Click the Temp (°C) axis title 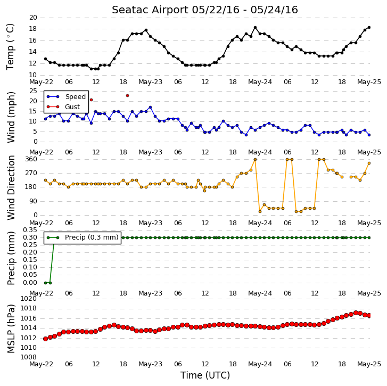click(x=10, y=47)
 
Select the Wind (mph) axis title click(x=11, y=117)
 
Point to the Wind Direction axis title click(x=11, y=187)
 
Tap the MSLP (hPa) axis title click(x=11, y=328)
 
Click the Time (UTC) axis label click(x=205, y=375)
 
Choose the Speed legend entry click(x=66, y=97)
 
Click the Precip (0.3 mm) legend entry click(x=83, y=237)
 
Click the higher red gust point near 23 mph click(x=127, y=95)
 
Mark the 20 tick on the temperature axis click(x=33, y=18)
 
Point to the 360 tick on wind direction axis click(x=31, y=159)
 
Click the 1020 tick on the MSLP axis click(x=28, y=299)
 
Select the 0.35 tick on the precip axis click(x=30, y=230)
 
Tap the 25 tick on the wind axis click(x=33, y=91)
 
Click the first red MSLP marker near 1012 click(x=45, y=339)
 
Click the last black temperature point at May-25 click(x=369, y=27)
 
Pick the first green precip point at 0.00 click(x=45, y=283)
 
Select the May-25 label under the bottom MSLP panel click(x=369, y=364)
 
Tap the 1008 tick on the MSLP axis click(x=28, y=357)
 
